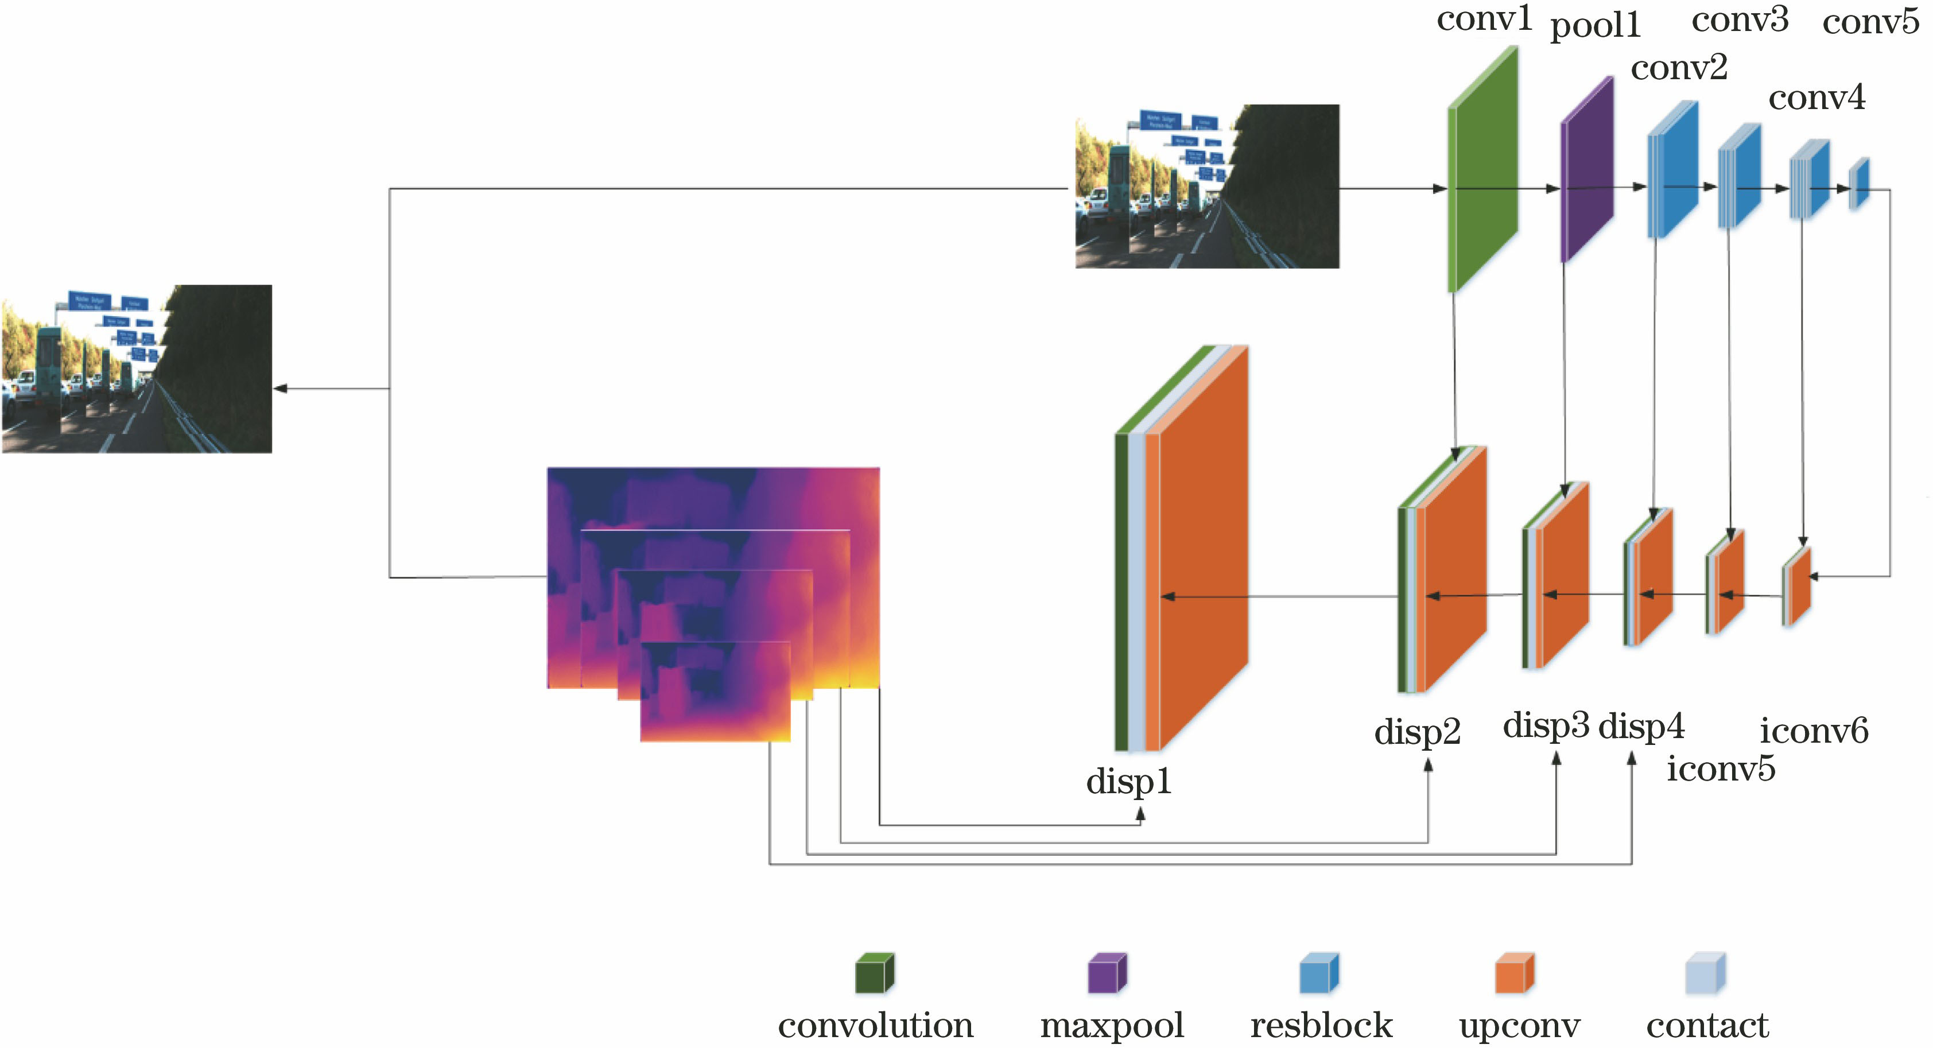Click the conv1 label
1484,20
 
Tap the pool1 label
1596,27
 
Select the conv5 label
1870,22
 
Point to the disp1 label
1128,782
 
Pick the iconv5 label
1721,769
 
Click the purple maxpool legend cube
1107,974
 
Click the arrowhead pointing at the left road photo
280,389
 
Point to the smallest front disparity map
715,692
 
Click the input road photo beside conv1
1206,186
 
